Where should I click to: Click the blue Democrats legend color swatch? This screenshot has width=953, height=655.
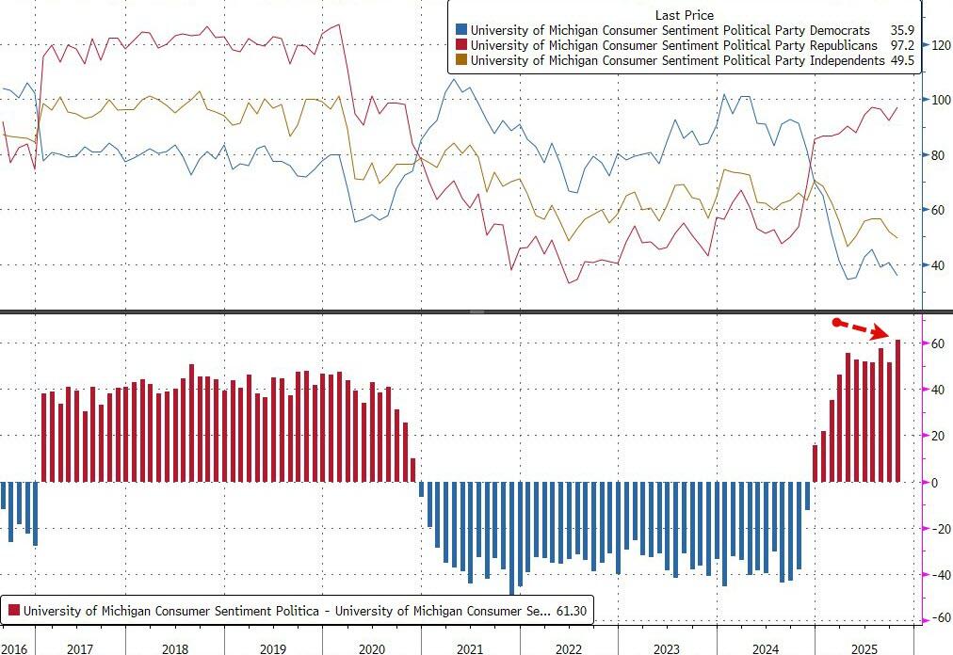[460, 30]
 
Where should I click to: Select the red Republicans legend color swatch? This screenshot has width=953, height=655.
[460, 45]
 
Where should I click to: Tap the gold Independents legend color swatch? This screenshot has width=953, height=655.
[460, 60]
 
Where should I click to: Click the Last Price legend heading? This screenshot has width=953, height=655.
[685, 15]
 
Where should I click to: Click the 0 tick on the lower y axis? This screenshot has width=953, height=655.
[934, 482]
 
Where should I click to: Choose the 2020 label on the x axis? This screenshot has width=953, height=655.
[371, 648]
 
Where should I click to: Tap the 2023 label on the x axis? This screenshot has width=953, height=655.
[666, 648]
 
